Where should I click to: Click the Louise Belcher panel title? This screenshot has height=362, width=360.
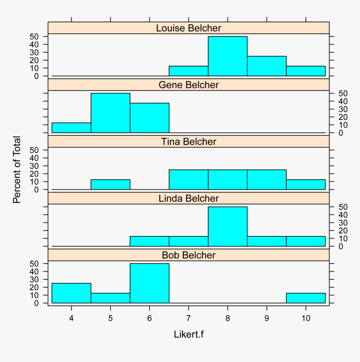[188, 28]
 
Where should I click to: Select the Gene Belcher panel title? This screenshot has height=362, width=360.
[188, 85]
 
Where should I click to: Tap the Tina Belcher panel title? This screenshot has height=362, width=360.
[188, 142]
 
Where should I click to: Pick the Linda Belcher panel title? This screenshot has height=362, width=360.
[188, 198]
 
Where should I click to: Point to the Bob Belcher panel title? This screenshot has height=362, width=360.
[188, 255]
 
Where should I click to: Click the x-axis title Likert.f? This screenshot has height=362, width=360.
[188, 334]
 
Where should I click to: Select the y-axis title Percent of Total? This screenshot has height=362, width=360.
[17, 170]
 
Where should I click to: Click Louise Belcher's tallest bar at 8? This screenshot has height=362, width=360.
[228, 57]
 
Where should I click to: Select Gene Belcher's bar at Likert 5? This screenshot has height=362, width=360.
[111, 113]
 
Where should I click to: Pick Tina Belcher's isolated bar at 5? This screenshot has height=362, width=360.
[111, 185]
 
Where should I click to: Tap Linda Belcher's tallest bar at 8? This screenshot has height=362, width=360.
[228, 226]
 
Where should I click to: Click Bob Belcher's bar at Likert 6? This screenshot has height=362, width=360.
[149, 283]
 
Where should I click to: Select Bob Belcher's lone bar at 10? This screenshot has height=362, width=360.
[306, 298]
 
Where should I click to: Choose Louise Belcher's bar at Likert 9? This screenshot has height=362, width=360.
[267, 66]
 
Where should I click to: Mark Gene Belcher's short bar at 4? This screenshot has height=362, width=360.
[71, 128]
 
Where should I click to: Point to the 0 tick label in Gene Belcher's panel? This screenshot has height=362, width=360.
[341, 133]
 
